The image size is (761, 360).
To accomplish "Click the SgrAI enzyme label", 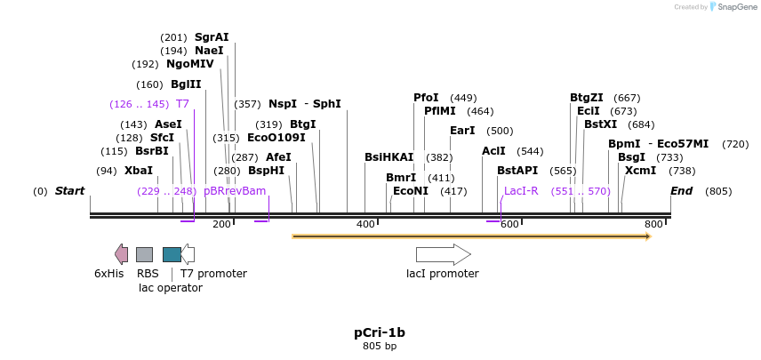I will [212, 37].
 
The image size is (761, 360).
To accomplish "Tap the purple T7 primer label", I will [182, 104].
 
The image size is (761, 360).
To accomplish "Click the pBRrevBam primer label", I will [235, 191].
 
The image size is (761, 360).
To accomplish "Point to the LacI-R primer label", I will [521, 191].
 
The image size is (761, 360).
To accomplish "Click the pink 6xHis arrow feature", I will [121, 254].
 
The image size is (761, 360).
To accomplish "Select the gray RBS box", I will [144, 254].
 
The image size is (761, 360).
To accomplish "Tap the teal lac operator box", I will [172, 254].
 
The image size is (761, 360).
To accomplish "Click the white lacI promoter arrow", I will [443, 254].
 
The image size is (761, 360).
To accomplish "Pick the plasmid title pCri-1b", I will [380, 332].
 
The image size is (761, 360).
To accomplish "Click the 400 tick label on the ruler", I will [365, 225].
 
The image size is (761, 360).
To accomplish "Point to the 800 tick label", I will [653, 225].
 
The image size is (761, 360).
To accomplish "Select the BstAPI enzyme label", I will [517, 171].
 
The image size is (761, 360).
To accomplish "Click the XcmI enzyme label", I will [641, 171].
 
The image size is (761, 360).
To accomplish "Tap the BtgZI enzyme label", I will [587, 98].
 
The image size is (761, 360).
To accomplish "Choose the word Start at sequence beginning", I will [69, 191].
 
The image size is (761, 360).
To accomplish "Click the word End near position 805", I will [681, 191].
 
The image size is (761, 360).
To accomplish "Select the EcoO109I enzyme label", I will [276, 138].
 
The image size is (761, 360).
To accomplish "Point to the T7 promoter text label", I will [213, 274].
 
